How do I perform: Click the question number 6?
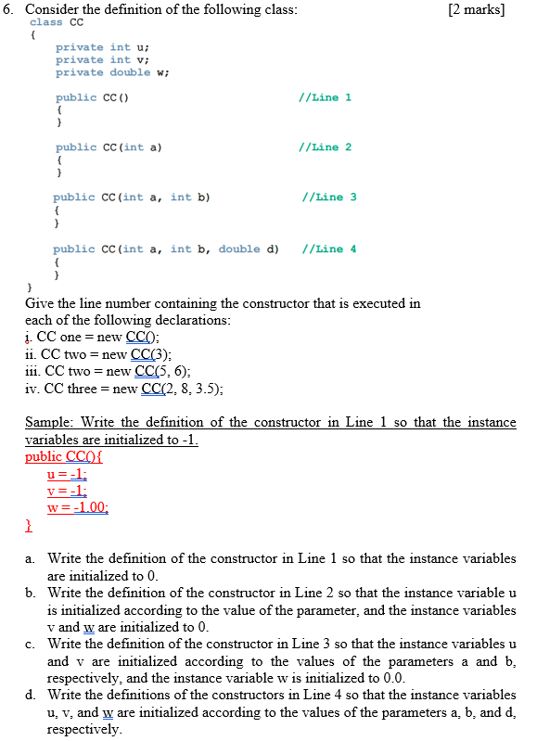point(10,9)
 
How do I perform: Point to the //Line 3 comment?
point(328,197)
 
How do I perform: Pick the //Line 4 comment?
point(328,249)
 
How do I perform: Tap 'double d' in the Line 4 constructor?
point(249,249)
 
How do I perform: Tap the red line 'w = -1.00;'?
point(78,506)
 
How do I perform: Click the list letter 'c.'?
point(31,644)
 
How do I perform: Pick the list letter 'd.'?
point(32,695)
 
